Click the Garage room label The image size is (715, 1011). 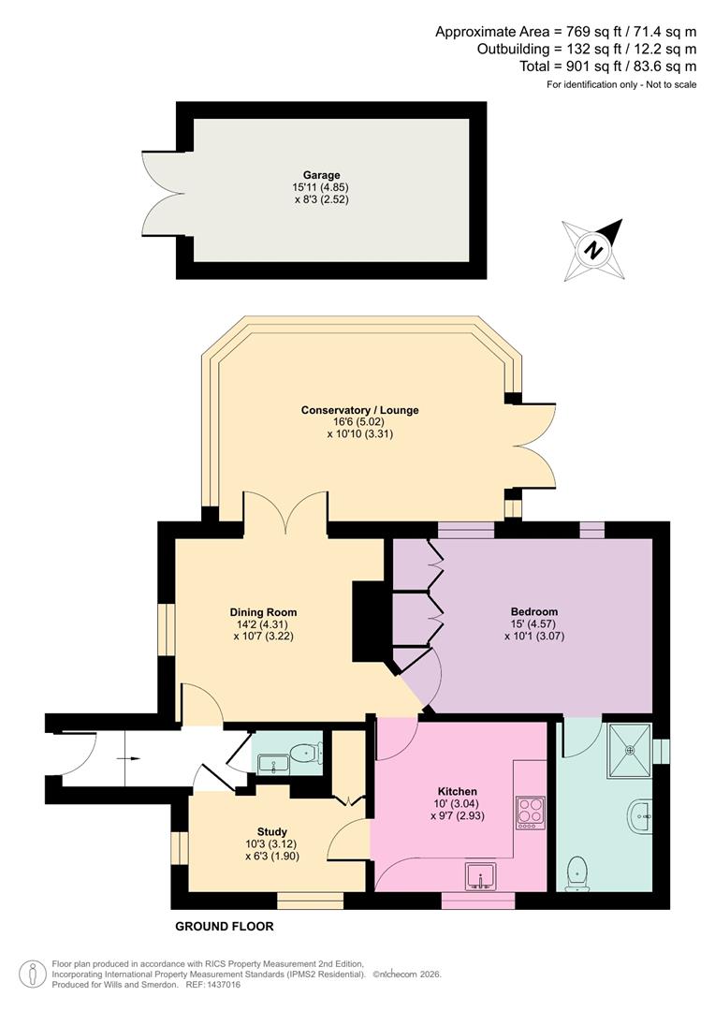(321, 175)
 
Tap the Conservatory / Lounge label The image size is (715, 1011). (359, 410)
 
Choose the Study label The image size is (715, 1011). (272, 831)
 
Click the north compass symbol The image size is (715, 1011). (593, 250)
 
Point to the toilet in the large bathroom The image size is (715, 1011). (579, 873)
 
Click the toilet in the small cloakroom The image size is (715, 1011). (304, 753)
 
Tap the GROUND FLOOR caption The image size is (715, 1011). (225, 927)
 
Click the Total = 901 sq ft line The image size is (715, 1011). (608, 66)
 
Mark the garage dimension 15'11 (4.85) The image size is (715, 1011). (321, 187)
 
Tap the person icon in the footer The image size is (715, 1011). (33, 974)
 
